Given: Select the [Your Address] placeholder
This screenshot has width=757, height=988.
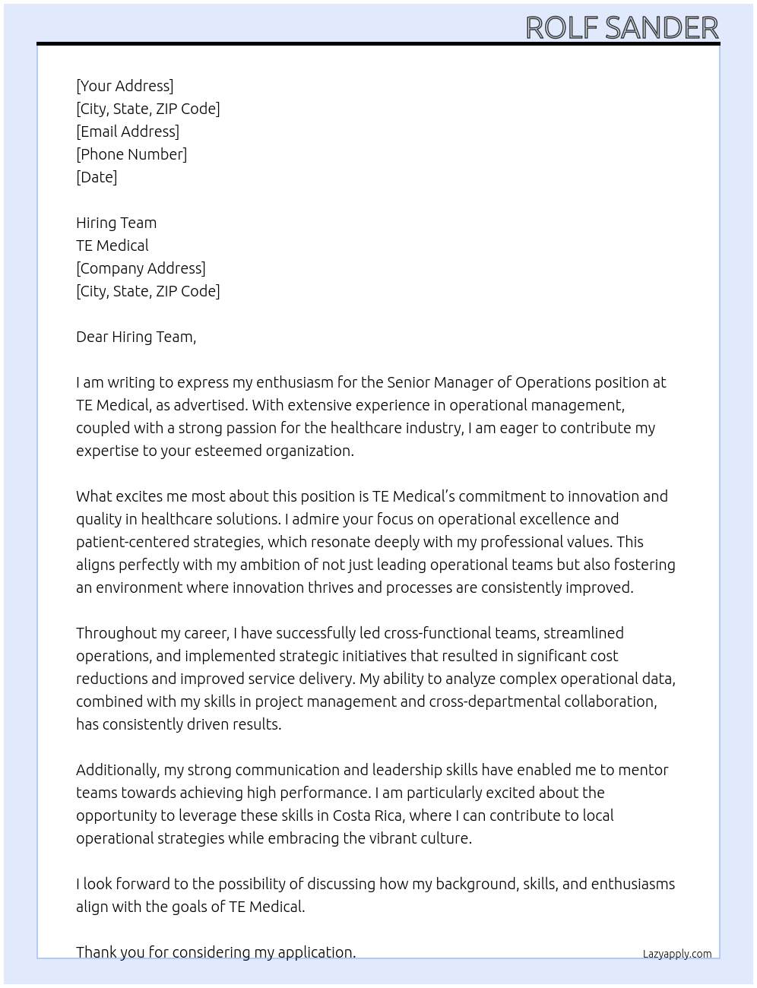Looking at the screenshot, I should [125, 86].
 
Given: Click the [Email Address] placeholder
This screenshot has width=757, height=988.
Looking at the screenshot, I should [128, 131].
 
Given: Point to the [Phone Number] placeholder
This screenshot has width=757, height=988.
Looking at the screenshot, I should [131, 154].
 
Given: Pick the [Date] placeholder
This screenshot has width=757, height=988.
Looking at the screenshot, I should [97, 177].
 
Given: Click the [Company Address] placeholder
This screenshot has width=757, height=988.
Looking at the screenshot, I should [141, 268].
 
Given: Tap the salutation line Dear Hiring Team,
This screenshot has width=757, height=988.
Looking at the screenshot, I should [136, 337].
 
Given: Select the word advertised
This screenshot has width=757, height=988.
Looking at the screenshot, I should [211, 405].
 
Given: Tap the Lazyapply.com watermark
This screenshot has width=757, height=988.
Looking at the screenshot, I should [677, 954].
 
